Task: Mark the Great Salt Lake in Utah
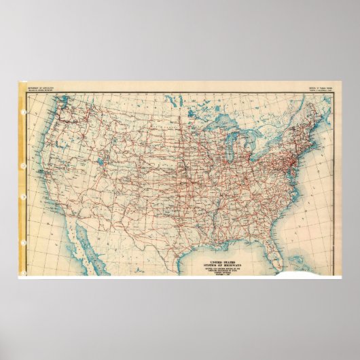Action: (x=101, y=164)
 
